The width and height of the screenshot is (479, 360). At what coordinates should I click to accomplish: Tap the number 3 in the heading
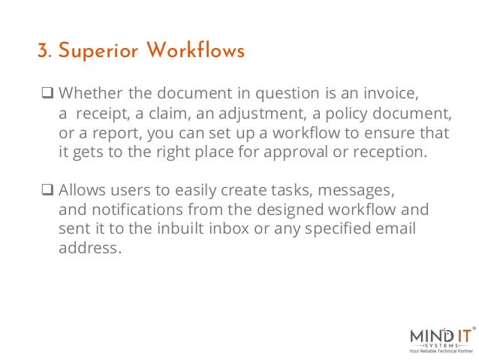point(42,52)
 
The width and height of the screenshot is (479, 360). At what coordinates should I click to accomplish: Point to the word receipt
point(98,114)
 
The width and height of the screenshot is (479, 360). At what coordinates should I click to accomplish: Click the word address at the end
point(89,246)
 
